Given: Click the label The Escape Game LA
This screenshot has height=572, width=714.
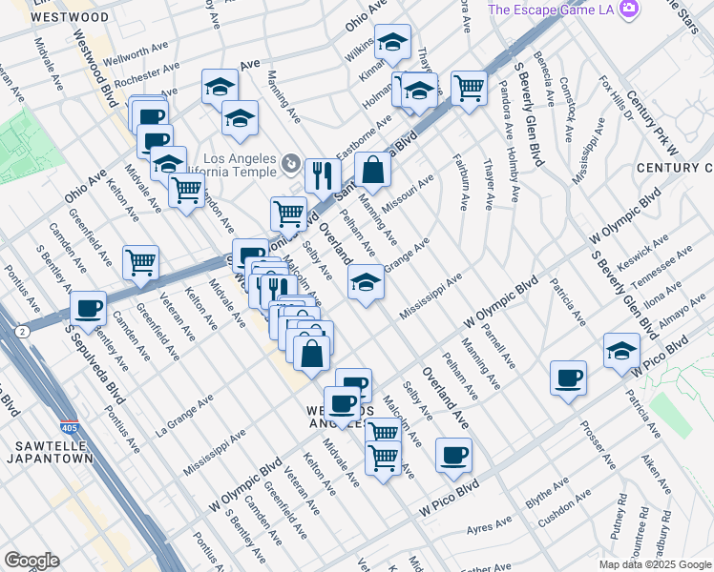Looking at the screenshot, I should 551,10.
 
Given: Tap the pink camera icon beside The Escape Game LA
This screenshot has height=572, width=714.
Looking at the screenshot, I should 628,9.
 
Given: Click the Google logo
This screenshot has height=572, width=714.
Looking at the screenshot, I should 31,561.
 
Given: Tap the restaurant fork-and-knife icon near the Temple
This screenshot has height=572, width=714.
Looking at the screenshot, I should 323,174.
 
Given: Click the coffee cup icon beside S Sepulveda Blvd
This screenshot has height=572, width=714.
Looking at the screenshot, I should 89,308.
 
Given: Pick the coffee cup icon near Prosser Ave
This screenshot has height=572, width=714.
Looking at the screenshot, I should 568,378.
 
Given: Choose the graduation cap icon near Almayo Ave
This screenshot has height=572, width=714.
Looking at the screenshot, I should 621,350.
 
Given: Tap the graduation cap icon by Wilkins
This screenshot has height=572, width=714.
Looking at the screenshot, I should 391,42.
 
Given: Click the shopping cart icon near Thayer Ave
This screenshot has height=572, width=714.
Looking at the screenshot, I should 469,88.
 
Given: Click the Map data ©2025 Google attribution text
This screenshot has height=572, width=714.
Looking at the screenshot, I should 655,563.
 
